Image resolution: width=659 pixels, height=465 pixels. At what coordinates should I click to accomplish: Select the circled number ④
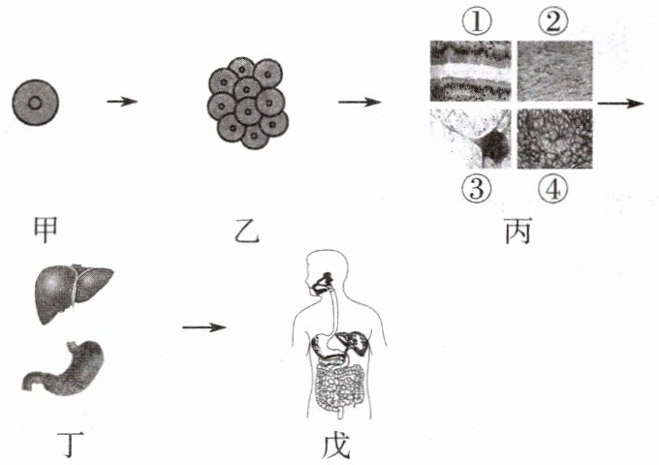553,190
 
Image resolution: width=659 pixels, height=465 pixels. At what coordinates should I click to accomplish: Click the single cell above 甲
37,103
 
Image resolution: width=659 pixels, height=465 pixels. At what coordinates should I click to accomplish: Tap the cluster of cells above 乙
246,102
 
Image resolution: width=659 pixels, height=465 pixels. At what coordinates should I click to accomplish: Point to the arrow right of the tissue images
620,102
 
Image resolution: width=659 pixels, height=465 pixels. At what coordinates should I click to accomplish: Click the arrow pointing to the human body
204,326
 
